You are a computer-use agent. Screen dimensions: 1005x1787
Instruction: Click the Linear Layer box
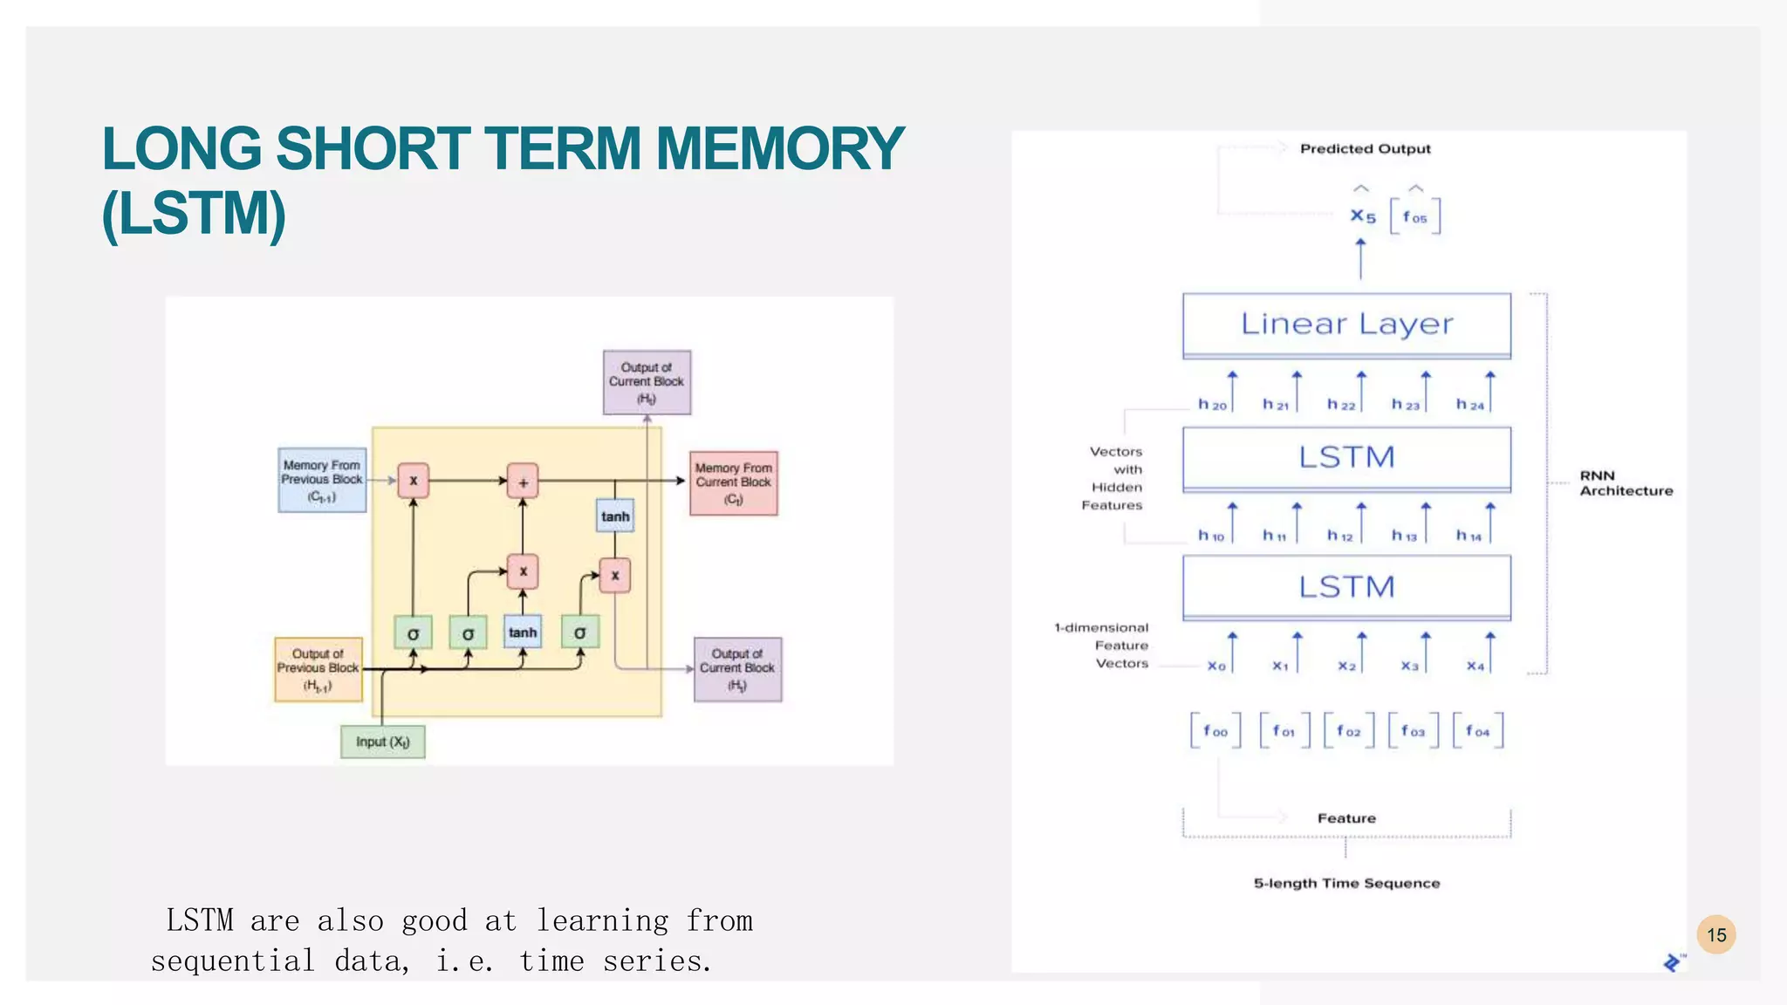[1346, 325]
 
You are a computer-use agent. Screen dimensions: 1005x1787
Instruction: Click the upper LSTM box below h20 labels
[1346, 458]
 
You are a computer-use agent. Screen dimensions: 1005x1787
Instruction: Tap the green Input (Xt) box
[383, 742]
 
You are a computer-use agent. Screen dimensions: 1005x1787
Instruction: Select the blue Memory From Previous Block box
[322, 480]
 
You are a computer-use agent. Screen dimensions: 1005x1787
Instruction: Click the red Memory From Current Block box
[733, 483]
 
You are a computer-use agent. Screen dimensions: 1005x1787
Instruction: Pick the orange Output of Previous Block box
[318, 669]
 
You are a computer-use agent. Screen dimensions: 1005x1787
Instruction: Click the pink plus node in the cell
[523, 481]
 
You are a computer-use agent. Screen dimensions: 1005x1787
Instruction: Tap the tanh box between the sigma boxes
[523, 632]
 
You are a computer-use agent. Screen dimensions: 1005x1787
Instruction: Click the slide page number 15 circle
[1716, 935]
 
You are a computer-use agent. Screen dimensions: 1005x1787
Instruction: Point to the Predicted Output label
[1365, 149]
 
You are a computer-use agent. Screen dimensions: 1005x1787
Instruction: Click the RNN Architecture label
[1626, 483]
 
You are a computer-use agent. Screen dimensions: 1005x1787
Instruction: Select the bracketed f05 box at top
[1414, 217]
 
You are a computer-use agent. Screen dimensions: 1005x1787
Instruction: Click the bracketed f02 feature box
[1348, 731]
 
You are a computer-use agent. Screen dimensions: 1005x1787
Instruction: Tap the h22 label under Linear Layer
[1341, 405]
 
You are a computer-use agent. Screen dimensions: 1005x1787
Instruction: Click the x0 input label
[1216, 667]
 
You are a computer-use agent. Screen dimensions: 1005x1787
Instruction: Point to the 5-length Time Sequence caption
[1346, 883]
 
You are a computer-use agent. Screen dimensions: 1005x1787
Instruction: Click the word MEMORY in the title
[779, 148]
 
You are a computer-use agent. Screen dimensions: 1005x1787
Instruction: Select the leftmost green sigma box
[413, 633]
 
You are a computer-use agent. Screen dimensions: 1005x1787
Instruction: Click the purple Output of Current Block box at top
[647, 382]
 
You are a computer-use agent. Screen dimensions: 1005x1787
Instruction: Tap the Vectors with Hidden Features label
[1113, 478]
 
